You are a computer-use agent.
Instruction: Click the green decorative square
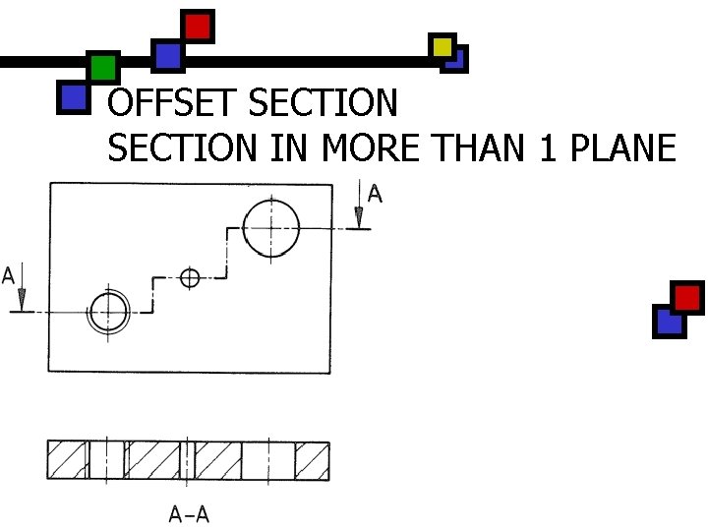point(102,68)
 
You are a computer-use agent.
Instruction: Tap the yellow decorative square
point(442,46)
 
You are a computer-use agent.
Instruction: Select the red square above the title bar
point(198,26)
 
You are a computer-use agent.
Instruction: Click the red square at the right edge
point(687,297)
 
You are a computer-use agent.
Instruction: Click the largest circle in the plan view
point(270,227)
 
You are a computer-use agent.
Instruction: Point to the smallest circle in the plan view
point(190,277)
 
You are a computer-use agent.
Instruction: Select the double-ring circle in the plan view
point(109,312)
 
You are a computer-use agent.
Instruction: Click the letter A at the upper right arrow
point(375,194)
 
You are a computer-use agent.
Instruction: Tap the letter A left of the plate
point(9,275)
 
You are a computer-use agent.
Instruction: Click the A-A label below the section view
point(189,512)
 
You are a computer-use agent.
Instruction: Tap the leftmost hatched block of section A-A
point(68,460)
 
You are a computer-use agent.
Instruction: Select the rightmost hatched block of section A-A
point(312,460)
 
